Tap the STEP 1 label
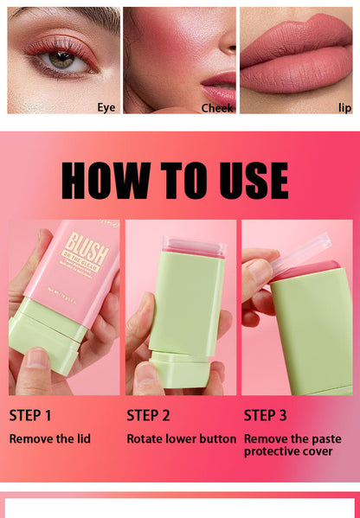[x=30, y=415]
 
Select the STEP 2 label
[x=148, y=415]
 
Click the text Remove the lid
[x=49, y=438]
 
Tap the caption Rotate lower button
[x=181, y=438]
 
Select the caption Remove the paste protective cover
[x=292, y=444]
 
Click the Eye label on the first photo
[x=106, y=107]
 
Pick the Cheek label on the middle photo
[x=217, y=108]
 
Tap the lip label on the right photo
[x=344, y=107]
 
